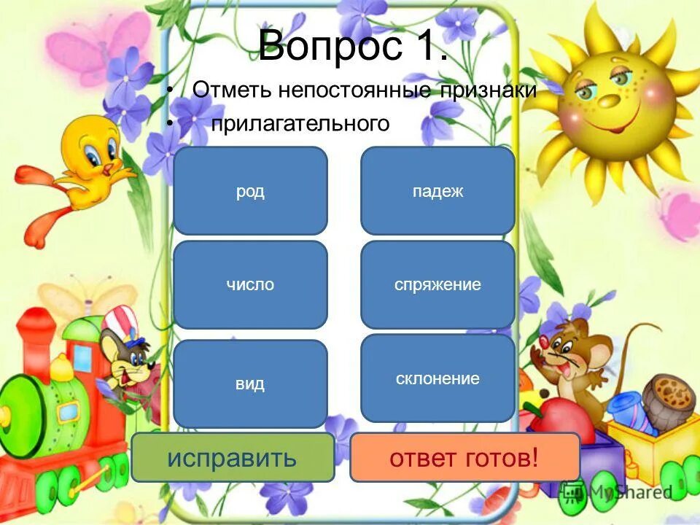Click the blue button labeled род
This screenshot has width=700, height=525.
pos(250,191)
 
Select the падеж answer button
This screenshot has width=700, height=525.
pos(437,191)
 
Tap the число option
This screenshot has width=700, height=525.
pos(250,284)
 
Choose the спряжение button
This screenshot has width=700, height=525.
pos(437,284)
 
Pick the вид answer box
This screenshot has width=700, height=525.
pos(250,384)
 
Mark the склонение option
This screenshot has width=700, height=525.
pos(437,378)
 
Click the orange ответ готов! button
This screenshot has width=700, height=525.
pos(464,458)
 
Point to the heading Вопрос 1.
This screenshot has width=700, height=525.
pos(353,46)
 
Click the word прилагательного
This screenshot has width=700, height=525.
pos(300,124)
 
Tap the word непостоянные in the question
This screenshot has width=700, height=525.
pos(324,90)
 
